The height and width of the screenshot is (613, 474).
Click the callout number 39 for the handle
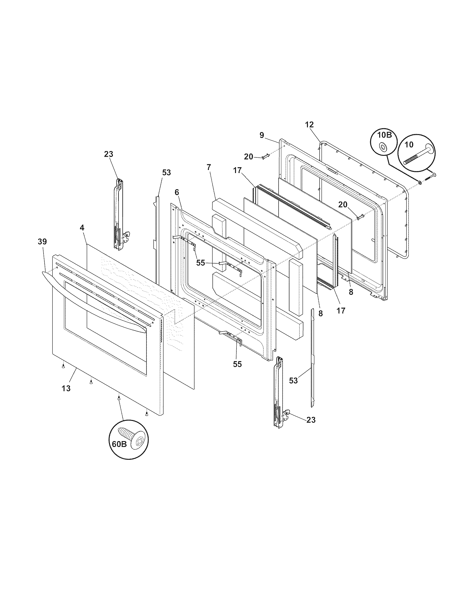(x=42, y=242)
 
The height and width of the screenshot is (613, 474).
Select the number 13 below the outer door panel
(x=66, y=388)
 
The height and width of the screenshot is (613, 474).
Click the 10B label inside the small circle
(x=384, y=136)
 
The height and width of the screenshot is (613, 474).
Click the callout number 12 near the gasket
(x=309, y=125)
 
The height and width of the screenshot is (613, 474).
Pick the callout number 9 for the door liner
(x=262, y=135)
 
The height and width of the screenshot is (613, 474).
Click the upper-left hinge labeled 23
(x=119, y=213)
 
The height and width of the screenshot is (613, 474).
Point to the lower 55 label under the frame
(x=237, y=364)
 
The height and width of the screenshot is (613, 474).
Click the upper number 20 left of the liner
(x=248, y=157)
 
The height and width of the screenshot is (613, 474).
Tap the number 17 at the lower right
(x=341, y=311)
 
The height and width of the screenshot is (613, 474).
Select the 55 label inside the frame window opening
(x=201, y=263)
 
